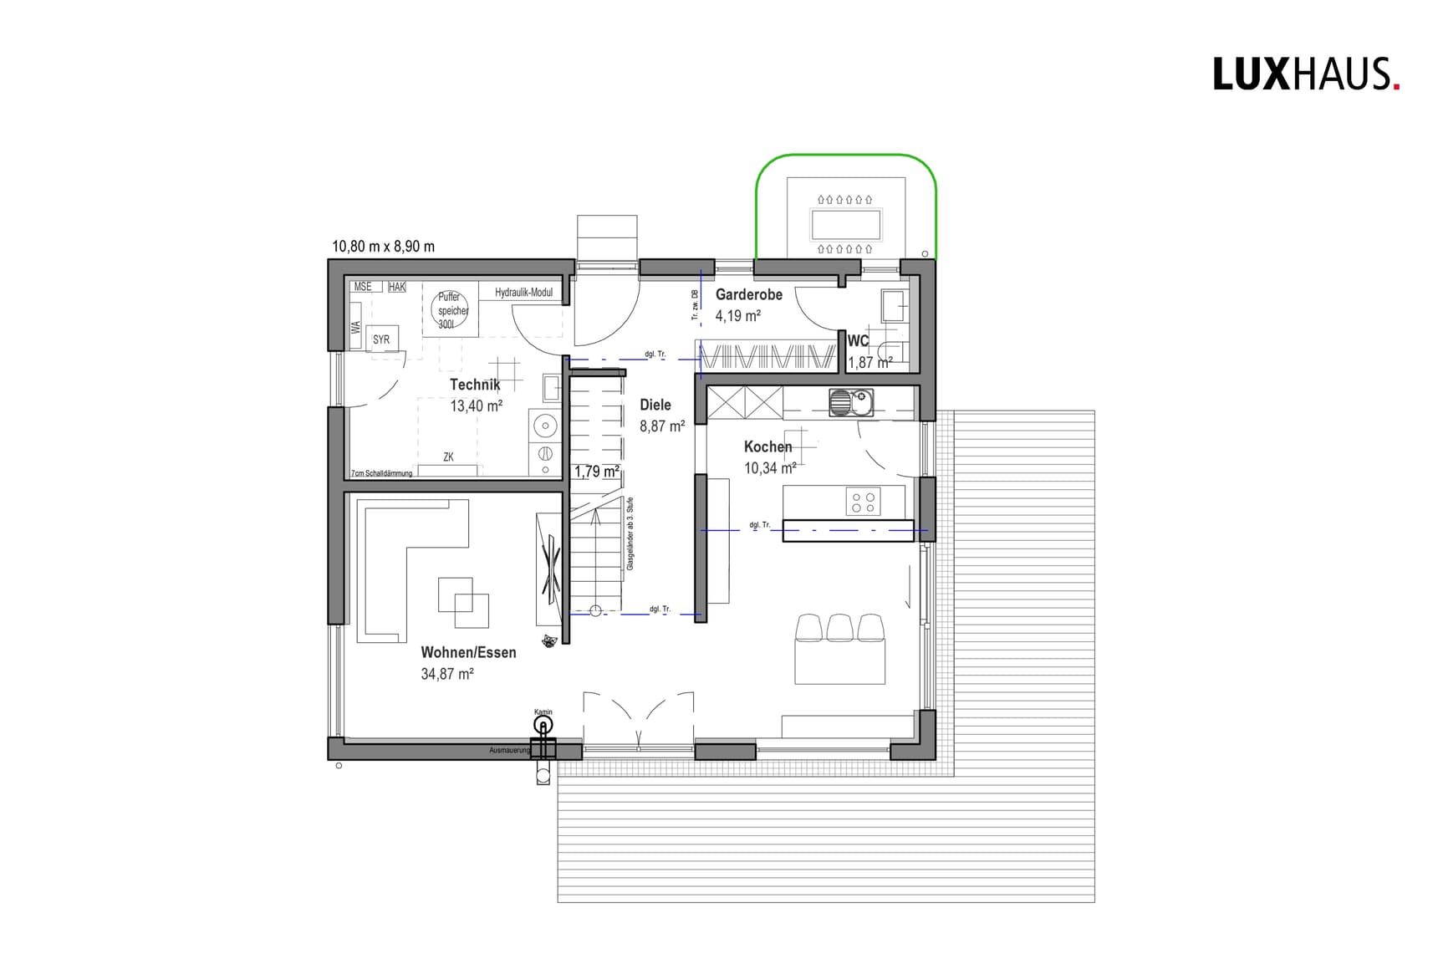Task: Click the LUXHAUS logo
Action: pyautogui.click(x=1305, y=74)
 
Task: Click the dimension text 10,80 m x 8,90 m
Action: pyautogui.click(x=383, y=247)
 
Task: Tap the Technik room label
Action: pyautogui.click(x=475, y=385)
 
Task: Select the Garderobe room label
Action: pyautogui.click(x=748, y=294)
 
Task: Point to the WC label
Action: pyautogui.click(x=858, y=341)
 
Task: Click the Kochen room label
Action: pyautogui.click(x=767, y=446)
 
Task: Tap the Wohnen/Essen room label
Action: pyautogui.click(x=468, y=652)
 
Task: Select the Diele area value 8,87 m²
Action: pyautogui.click(x=662, y=426)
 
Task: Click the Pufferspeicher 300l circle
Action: pyautogui.click(x=451, y=310)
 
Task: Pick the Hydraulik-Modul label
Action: pyautogui.click(x=523, y=293)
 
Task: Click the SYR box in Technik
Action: pyautogui.click(x=381, y=339)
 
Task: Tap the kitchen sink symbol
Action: pyautogui.click(x=850, y=402)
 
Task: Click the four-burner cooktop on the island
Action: pyautogui.click(x=863, y=502)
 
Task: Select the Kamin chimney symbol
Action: pyautogui.click(x=543, y=724)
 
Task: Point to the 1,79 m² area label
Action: pyautogui.click(x=596, y=472)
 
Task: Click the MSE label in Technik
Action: pyautogui.click(x=363, y=287)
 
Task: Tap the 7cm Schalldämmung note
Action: pyautogui.click(x=381, y=473)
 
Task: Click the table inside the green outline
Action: pyautogui.click(x=845, y=225)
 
